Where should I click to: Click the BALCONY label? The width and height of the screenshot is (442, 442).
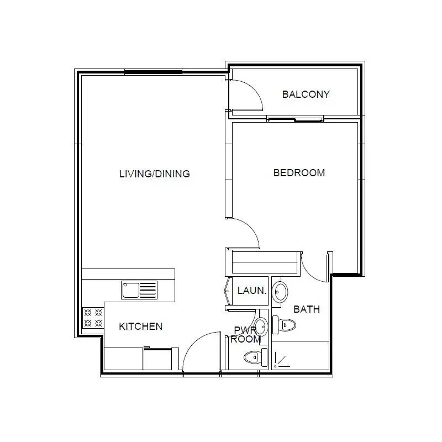(306, 94)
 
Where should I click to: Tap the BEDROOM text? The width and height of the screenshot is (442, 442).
(299, 172)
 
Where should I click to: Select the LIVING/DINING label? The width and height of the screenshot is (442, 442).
(155, 173)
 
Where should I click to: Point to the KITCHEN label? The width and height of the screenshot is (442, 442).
(141, 327)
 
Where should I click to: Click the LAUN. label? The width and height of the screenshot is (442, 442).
(252, 291)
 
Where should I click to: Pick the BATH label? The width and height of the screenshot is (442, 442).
(307, 309)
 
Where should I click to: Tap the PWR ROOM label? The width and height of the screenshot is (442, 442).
(245, 334)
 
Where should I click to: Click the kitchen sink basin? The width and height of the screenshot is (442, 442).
(130, 290)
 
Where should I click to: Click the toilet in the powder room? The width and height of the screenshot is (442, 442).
(256, 357)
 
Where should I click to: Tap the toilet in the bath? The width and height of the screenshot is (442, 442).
(284, 325)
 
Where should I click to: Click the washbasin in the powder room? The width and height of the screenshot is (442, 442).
(261, 327)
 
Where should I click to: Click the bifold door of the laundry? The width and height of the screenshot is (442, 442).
(227, 291)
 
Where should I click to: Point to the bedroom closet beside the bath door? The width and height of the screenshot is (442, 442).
(265, 262)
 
